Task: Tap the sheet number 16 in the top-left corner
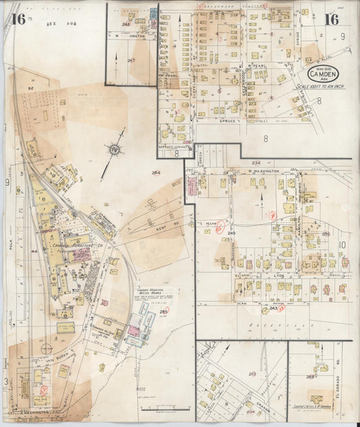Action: click(x=18, y=18)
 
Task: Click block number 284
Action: click(x=157, y=174)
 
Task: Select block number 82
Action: click(x=31, y=89)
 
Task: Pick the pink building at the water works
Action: click(x=133, y=331)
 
